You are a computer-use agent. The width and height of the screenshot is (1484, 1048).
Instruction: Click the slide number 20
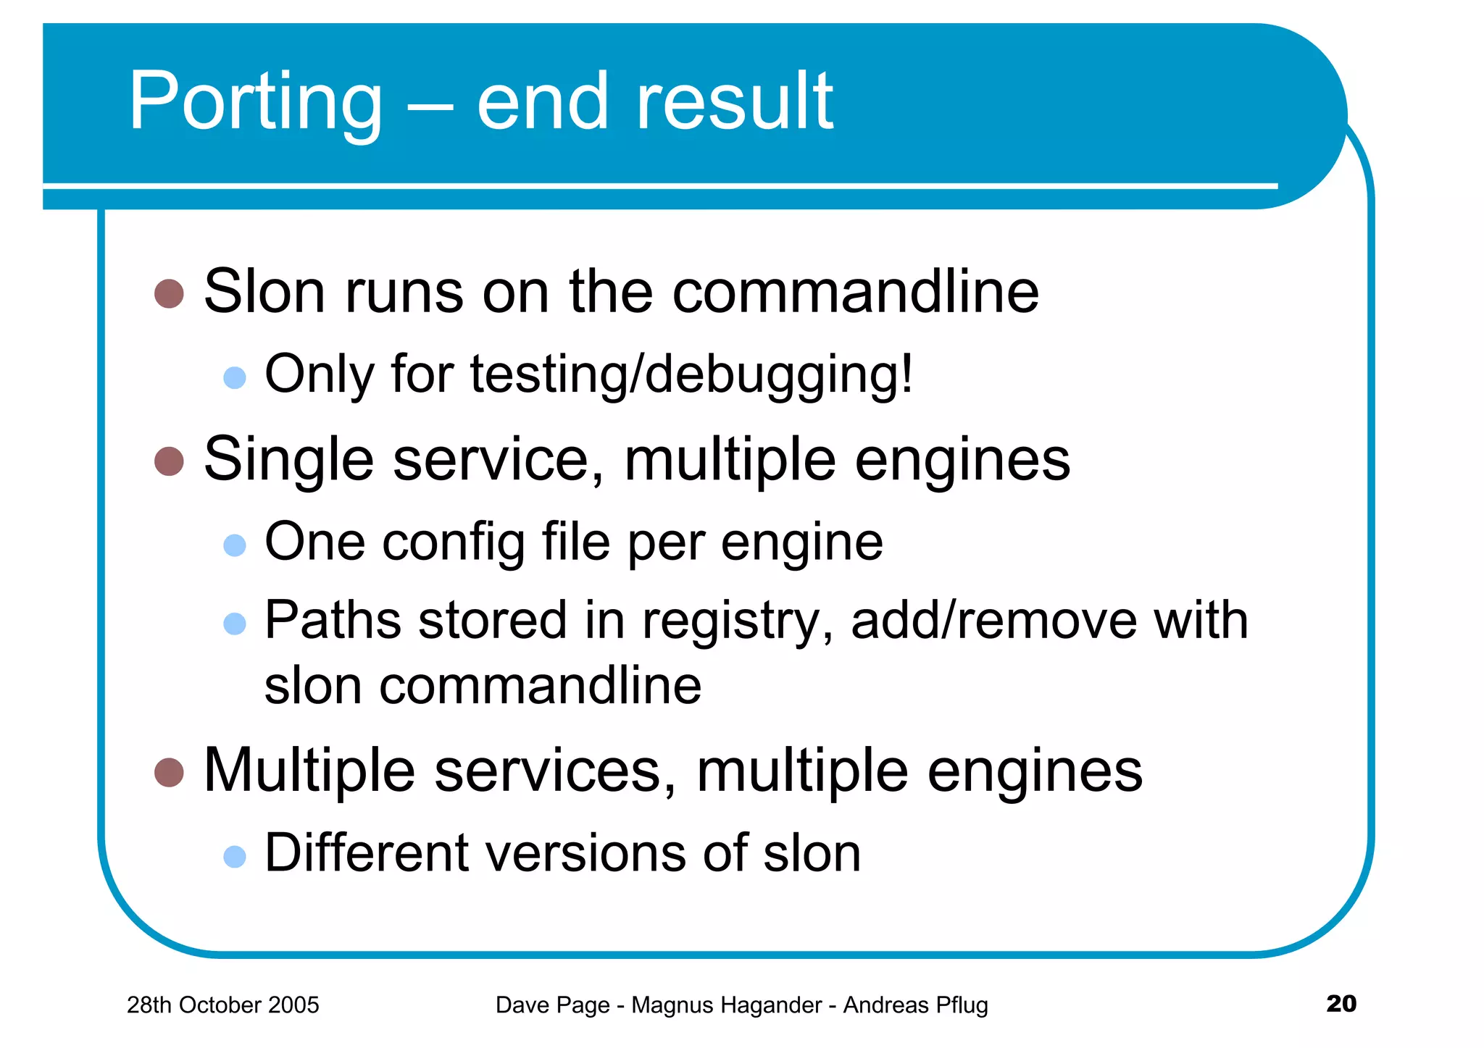(1341, 1003)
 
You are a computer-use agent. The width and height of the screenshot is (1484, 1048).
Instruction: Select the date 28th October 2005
(222, 1005)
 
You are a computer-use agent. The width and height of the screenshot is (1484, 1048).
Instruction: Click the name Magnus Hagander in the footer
(726, 1005)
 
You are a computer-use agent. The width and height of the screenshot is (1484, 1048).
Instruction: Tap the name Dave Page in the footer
(552, 1005)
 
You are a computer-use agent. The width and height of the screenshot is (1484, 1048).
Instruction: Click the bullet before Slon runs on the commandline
(170, 293)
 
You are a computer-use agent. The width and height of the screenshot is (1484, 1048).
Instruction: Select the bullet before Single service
(170, 461)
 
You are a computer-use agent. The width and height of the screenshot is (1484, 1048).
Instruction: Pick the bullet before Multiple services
(170, 772)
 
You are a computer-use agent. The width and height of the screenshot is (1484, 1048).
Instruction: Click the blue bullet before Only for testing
(235, 377)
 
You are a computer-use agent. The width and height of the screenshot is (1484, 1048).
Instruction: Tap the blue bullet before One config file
(235, 545)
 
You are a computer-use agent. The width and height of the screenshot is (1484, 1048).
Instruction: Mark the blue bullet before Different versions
(235, 857)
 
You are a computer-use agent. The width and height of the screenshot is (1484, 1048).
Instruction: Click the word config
(454, 543)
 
